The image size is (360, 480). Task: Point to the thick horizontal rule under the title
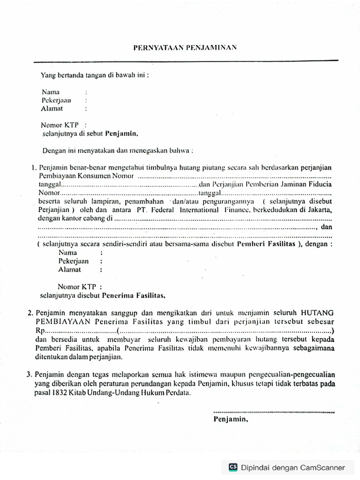pos(185,61)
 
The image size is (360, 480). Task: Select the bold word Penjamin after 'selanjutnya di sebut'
pos(122,134)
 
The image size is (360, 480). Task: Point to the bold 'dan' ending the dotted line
pos(326,227)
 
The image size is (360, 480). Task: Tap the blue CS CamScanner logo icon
pos(233,467)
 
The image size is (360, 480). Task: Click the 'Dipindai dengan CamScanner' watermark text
pos(293,467)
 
